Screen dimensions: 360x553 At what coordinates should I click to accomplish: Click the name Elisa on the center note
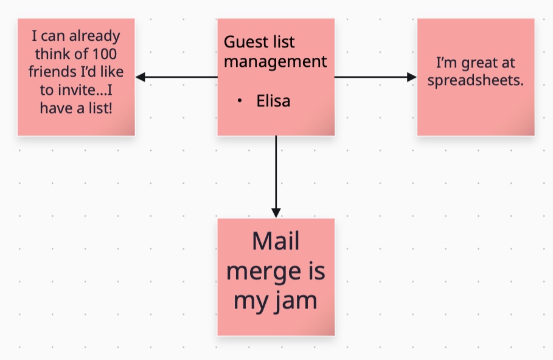point(273,101)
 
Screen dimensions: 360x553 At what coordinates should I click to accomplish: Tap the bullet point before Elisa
point(240,100)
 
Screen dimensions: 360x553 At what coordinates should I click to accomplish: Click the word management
point(275,61)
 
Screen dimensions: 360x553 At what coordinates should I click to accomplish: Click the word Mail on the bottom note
point(276,241)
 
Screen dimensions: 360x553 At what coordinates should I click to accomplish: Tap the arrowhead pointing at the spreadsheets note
point(412,77)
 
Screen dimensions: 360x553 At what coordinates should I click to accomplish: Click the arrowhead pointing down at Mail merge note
point(276,213)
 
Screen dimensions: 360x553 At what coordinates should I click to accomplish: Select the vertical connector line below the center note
point(276,173)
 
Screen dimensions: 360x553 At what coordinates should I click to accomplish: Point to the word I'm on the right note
point(445,63)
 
